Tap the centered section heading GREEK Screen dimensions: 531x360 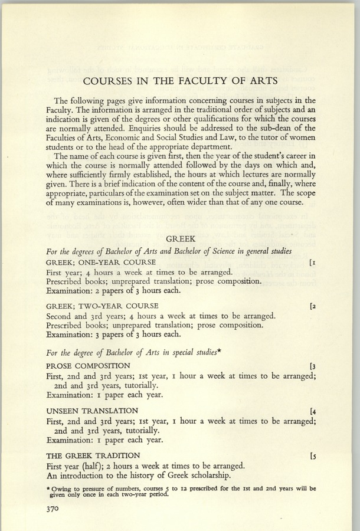point(180,239)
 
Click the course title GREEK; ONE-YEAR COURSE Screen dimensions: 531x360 point(100,261)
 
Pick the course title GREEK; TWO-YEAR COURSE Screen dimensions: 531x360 point(102,306)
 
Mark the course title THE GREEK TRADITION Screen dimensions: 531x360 point(93,455)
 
